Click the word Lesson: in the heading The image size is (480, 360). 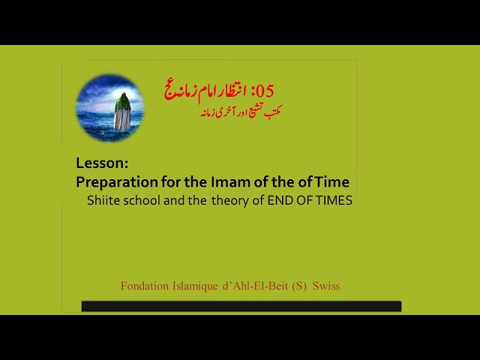(102, 163)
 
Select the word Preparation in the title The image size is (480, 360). (117, 182)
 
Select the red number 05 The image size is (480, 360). (265, 91)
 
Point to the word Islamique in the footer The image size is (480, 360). (195, 286)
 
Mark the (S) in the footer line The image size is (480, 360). (299, 286)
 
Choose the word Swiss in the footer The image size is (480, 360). (326, 286)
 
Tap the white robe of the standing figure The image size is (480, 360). (121, 119)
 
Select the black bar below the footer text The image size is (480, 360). (241, 306)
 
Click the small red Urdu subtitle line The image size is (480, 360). (241, 112)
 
